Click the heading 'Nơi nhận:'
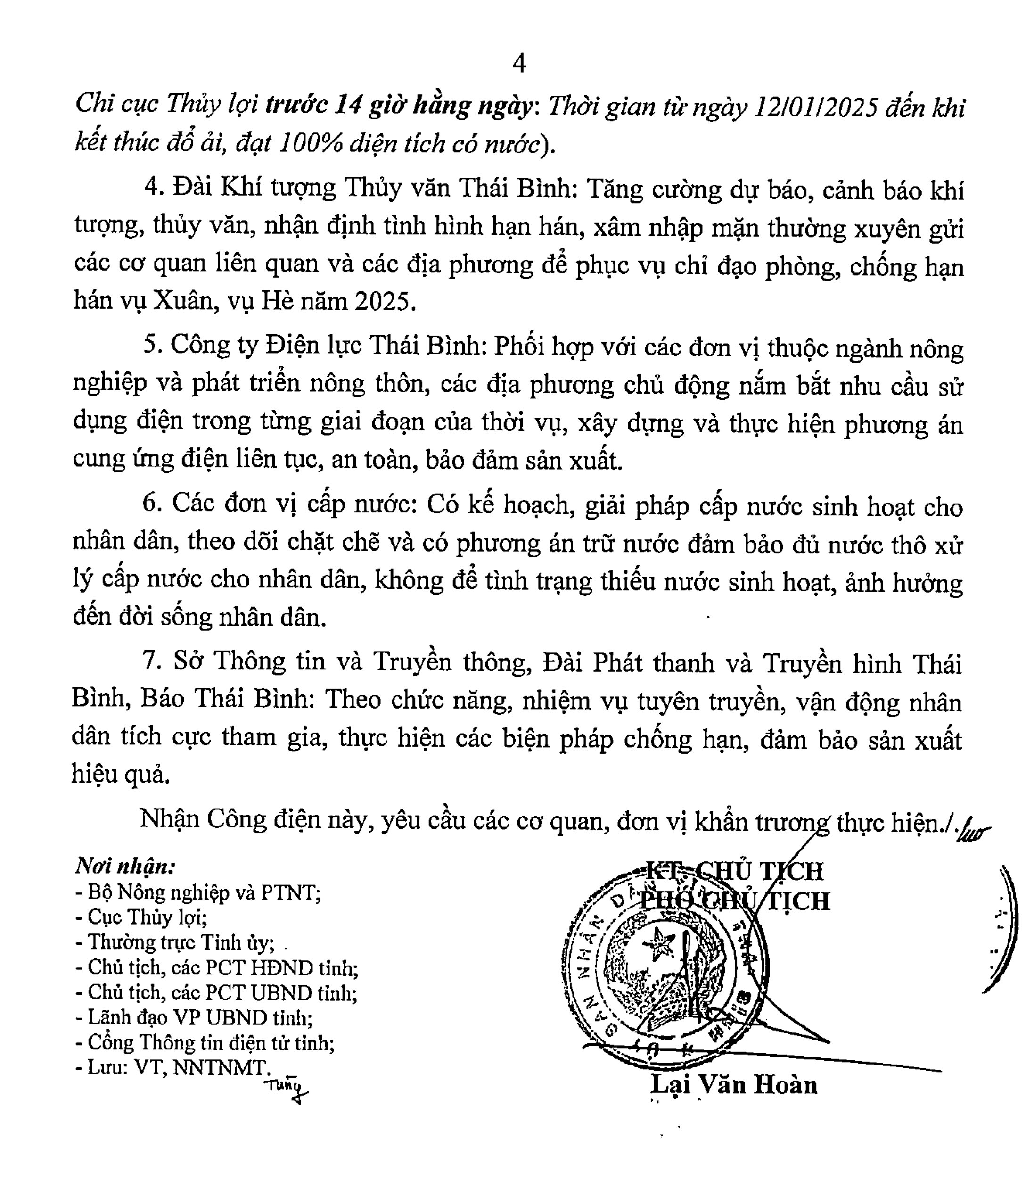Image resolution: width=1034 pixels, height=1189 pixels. [x=125, y=866]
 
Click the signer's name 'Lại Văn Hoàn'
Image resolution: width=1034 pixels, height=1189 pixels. [x=734, y=1085]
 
